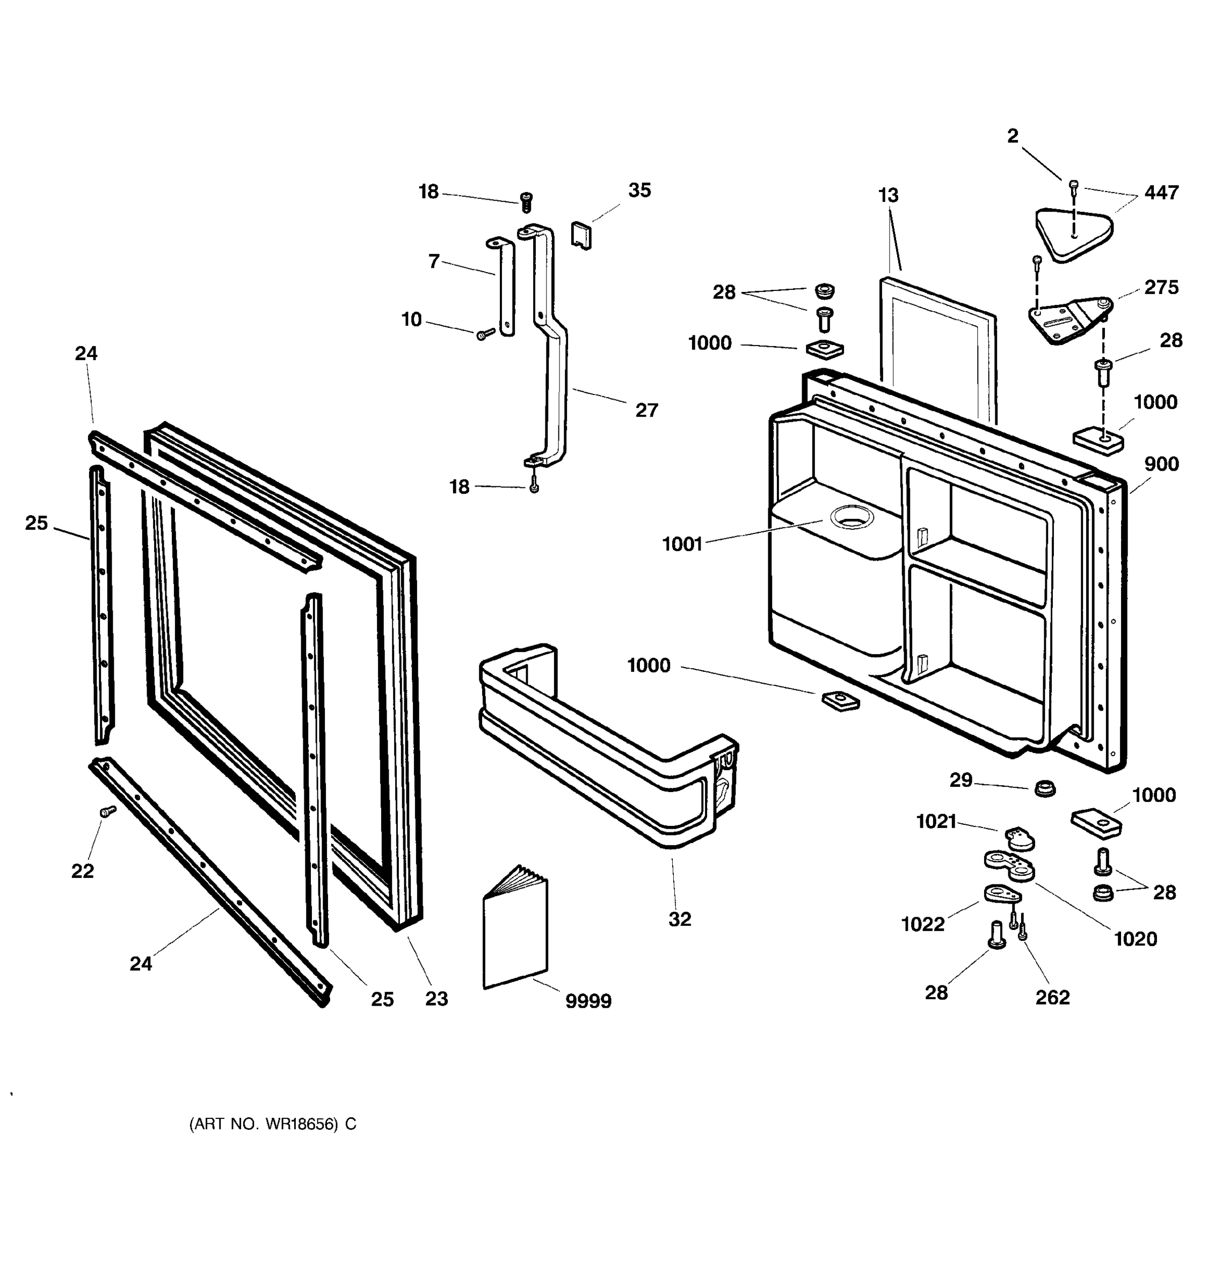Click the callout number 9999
tap(588, 1001)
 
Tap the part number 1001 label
tap(682, 544)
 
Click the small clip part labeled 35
tap(581, 235)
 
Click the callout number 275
tap(1161, 287)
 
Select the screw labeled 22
tap(107, 810)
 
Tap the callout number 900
tap(1161, 464)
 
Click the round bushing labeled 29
tap(1044, 788)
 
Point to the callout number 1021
tap(936, 822)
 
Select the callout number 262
tap(1052, 997)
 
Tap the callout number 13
tap(888, 195)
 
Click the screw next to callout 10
tap(485, 334)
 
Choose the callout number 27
tap(646, 410)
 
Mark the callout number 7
tap(434, 261)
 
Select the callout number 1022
tap(923, 924)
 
